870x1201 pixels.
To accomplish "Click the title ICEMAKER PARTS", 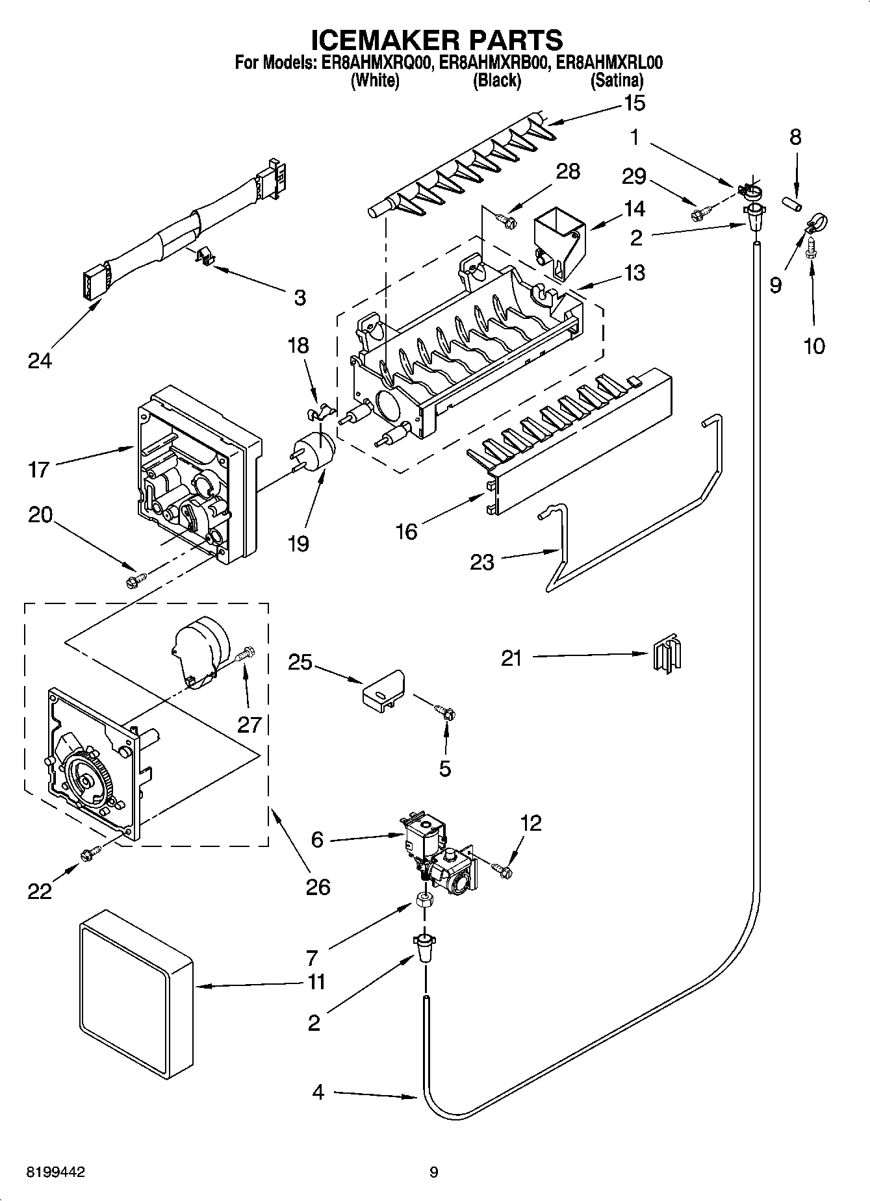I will click(436, 40).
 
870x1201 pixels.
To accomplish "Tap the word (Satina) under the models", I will click(616, 81).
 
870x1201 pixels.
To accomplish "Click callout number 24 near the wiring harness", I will click(40, 360).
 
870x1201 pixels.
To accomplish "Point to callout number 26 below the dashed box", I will click(318, 886).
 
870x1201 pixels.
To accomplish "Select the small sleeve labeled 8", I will click(791, 204).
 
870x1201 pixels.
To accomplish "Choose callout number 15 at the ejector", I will click(634, 103).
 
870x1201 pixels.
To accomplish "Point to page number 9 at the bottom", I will click(433, 1172).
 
